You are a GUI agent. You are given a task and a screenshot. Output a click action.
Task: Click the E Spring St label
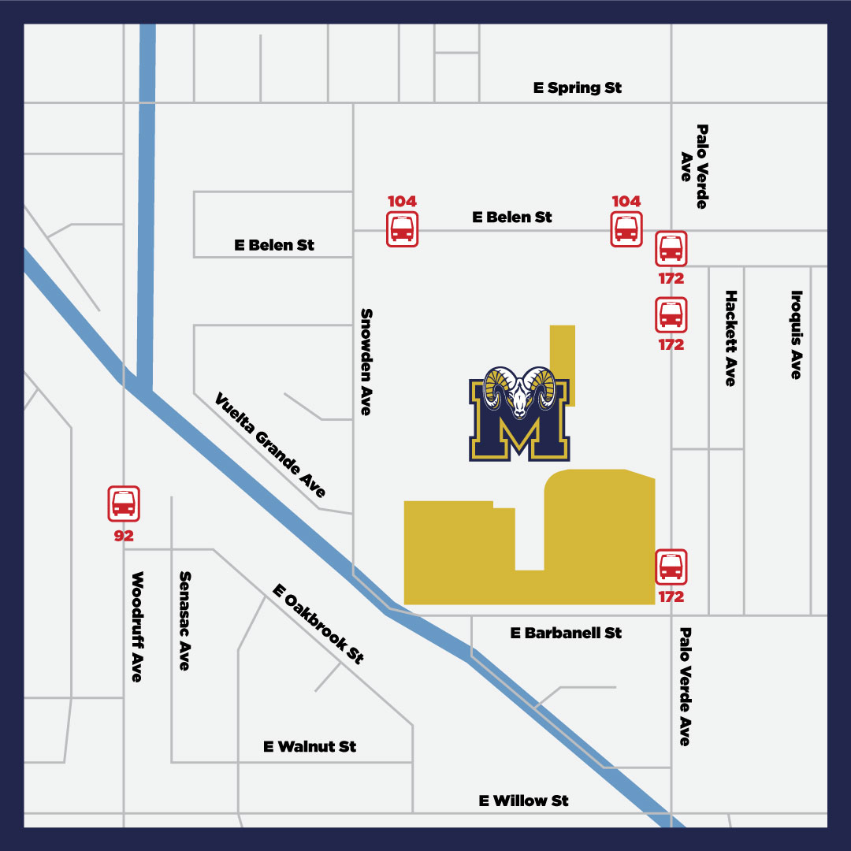pyautogui.click(x=577, y=87)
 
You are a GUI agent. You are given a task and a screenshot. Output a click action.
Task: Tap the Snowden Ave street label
pyautogui.click(x=366, y=361)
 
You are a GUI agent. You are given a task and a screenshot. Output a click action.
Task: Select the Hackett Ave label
pyautogui.click(x=730, y=338)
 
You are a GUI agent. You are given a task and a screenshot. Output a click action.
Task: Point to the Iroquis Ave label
pyautogui.click(x=797, y=334)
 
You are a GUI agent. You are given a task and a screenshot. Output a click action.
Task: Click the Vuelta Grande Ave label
pyautogui.click(x=270, y=445)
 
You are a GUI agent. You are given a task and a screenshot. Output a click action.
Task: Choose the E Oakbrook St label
pyautogui.click(x=318, y=624)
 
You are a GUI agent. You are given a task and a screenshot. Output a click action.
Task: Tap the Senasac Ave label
pyautogui.click(x=185, y=621)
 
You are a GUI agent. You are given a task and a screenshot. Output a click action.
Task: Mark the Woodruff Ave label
pyautogui.click(x=137, y=626)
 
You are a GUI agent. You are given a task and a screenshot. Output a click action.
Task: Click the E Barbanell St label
pyautogui.click(x=566, y=633)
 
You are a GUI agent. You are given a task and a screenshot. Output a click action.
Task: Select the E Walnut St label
pyautogui.click(x=310, y=746)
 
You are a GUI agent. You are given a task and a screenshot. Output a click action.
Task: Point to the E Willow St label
pyautogui.click(x=523, y=801)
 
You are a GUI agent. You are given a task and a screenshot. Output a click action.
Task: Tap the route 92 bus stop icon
pyautogui.click(x=124, y=503)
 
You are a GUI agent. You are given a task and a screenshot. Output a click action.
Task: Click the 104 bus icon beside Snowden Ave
pyautogui.click(x=402, y=229)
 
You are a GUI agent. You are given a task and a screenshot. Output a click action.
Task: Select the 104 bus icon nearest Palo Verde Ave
pyautogui.click(x=626, y=229)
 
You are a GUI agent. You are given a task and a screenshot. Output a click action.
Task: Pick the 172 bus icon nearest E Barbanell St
pyautogui.click(x=671, y=566)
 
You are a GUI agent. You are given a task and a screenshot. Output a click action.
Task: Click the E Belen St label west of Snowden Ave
pyautogui.click(x=274, y=245)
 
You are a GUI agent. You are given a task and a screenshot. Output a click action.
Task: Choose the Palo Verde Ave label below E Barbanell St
pyautogui.click(x=685, y=686)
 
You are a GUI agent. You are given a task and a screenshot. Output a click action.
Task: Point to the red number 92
pyautogui.click(x=124, y=536)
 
